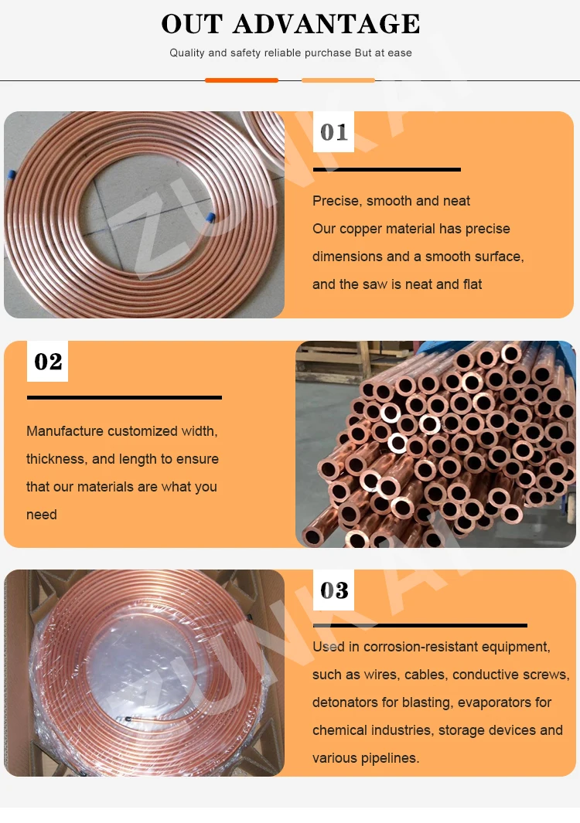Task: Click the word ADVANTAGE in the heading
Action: click(326, 24)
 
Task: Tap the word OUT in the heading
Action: click(192, 24)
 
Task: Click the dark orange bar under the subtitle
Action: click(241, 80)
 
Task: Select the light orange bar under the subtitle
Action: click(339, 80)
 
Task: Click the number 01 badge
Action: click(333, 131)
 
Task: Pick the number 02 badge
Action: click(48, 361)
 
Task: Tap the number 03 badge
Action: click(333, 590)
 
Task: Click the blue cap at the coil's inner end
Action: click(210, 217)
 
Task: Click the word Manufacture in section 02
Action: click(65, 431)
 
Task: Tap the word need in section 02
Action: click(42, 515)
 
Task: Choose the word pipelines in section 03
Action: click(389, 758)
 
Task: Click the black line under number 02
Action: click(125, 397)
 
